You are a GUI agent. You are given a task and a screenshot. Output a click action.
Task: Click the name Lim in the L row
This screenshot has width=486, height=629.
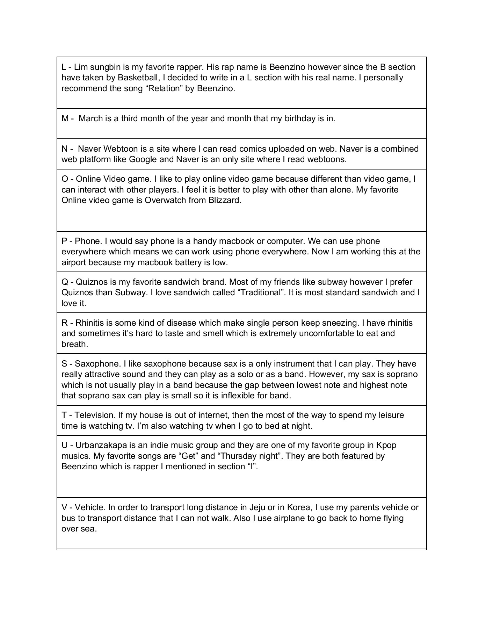(80, 67)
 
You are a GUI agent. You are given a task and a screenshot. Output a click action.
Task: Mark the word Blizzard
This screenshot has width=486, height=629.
(225, 200)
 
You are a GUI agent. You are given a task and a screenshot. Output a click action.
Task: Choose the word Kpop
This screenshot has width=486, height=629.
(386, 445)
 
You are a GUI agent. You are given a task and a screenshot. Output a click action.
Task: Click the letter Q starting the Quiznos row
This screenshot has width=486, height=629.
(65, 282)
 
